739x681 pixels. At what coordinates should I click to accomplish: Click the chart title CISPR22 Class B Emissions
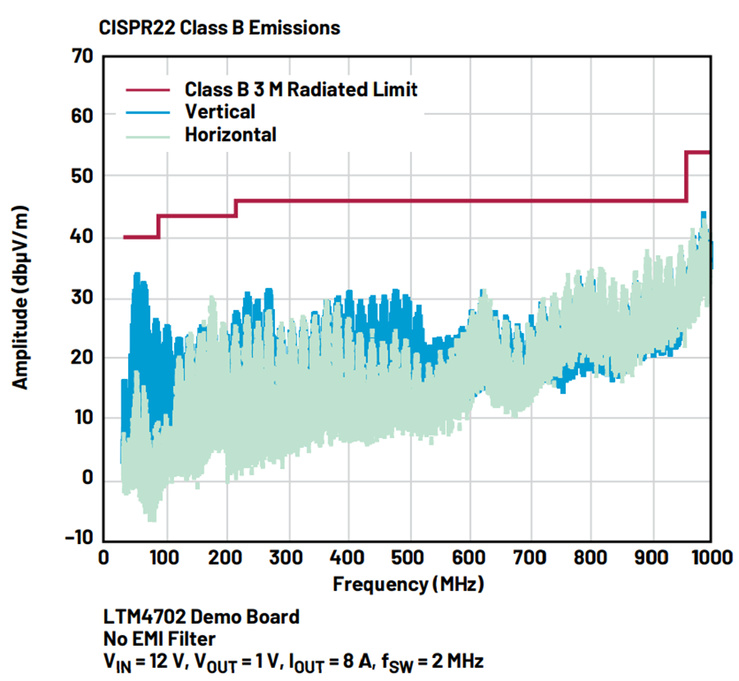pyautogui.click(x=219, y=28)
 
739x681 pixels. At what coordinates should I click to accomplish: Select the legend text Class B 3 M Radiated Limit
pyautogui.click(x=301, y=89)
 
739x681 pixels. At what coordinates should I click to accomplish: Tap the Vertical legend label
pyautogui.click(x=220, y=112)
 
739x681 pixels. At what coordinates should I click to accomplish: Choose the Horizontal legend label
pyautogui.click(x=231, y=135)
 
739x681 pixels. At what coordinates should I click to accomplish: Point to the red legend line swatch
pyautogui.click(x=148, y=89)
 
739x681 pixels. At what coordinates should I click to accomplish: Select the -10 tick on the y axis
pyautogui.click(x=80, y=538)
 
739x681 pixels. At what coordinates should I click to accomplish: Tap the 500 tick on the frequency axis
pyautogui.click(x=407, y=559)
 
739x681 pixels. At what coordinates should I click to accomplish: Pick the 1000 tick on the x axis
pyautogui.click(x=711, y=559)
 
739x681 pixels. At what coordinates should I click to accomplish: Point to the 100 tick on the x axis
pyautogui.click(x=163, y=559)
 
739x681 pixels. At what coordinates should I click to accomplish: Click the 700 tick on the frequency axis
pyautogui.click(x=529, y=559)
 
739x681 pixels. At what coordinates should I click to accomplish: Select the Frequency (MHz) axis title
pyautogui.click(x=407, y=585)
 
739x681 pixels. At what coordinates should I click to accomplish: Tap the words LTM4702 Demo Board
pyautogui.click(x=201, y=616)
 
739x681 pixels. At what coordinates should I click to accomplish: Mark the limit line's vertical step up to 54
pyautogui.click(x=686, y=176)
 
